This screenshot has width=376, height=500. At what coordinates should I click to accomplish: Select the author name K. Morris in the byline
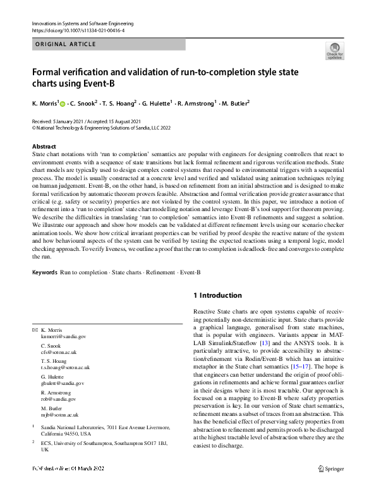click(44, 102)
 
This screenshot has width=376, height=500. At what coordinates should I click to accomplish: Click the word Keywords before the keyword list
click(44, 272)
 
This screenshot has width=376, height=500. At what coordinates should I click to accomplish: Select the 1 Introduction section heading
click(217, 295)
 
